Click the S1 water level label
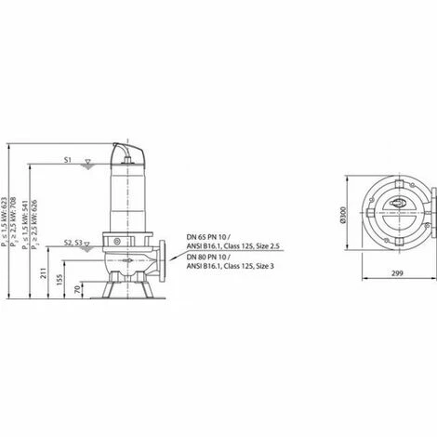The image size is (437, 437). pos(68,161)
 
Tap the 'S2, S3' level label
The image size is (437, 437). pos(71,242)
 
